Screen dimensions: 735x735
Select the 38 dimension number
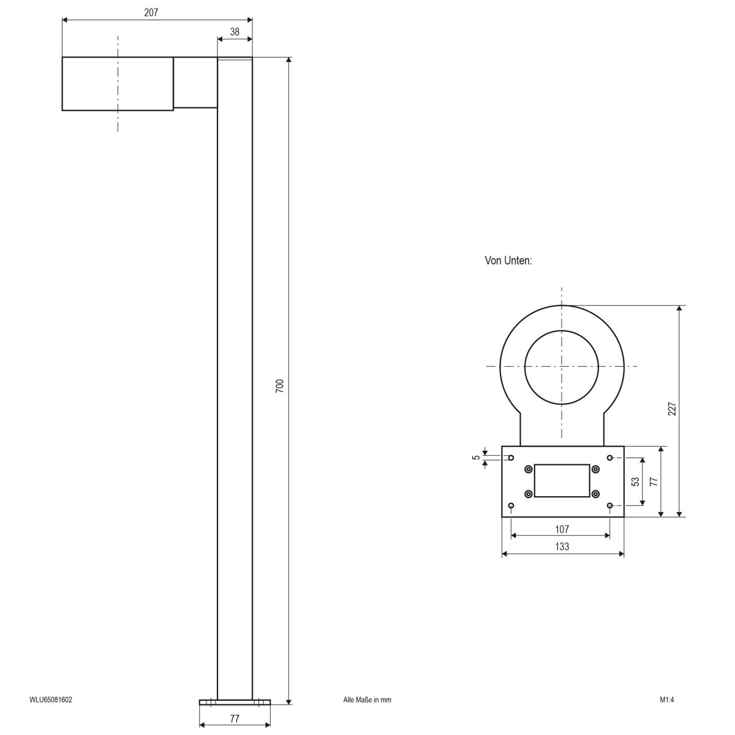[235, 32]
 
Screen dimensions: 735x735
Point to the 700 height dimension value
[279, 386]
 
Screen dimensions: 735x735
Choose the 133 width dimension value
[562, 546]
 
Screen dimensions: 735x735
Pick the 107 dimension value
[562, 529]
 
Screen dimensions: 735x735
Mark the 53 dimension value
[635, 481]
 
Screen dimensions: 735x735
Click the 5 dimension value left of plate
[476, 458]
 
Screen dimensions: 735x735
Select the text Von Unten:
[508, 261]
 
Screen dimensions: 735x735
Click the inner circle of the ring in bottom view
[560, 367]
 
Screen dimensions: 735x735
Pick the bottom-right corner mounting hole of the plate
[609, 505]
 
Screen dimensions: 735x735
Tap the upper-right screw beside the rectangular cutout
[595, 469]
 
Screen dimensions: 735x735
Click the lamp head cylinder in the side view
[118, 84]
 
